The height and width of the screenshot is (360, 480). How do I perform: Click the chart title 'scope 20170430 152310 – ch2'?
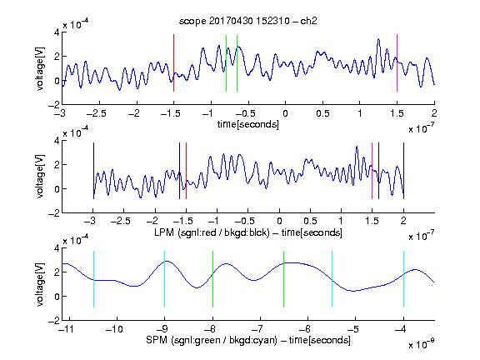coord(248,21)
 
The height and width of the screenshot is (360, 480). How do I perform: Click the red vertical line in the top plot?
coord(173,62)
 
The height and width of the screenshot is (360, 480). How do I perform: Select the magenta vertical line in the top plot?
coord(397,62)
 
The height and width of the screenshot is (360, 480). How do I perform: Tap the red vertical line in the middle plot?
coord(186,171)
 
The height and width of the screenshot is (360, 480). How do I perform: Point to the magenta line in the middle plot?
coord(372,171)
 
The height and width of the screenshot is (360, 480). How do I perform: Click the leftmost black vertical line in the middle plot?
coord(93,171)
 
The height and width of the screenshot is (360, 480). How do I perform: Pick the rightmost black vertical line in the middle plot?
coord(403,171)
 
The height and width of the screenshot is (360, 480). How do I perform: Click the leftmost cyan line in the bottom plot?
coord(93,279)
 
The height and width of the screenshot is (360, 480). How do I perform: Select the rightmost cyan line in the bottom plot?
coord(403,279)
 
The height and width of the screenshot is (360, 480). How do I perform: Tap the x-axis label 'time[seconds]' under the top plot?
coord(248,125)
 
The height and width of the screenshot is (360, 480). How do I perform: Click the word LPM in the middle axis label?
coord(164,232)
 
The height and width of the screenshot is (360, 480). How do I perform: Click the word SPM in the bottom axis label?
coord(157,340)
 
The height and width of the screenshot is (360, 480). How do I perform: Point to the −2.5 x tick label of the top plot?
coord(96,113)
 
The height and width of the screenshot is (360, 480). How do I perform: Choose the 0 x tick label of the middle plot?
coord(279,221)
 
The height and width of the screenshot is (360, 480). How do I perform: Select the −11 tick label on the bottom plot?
coord(65,329)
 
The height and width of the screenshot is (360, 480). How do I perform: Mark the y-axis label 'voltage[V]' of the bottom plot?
coord(40,284)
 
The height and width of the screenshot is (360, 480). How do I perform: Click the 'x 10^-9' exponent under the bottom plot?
coord(421,344)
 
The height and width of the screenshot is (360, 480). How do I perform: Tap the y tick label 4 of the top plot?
coord(57,32)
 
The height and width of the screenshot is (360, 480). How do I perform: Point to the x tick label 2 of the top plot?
coord(434,113)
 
